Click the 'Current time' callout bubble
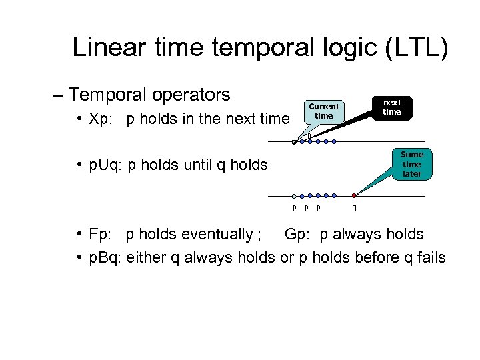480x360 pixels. (x=323, y=111)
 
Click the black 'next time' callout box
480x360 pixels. (x=391, y=107)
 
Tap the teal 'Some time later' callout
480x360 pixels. (x=411, y=164)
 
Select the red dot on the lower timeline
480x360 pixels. (x=354, y=196)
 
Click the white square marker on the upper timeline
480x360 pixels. (x=294, y=141)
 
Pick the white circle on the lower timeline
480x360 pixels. (x=294, y=196)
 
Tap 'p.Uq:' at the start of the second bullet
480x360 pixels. (x=105, y=164)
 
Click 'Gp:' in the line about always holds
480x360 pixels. (x=298, y=235)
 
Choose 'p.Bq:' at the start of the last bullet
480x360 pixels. (x=105, y=257)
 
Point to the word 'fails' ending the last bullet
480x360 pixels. (x=430, y=257)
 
